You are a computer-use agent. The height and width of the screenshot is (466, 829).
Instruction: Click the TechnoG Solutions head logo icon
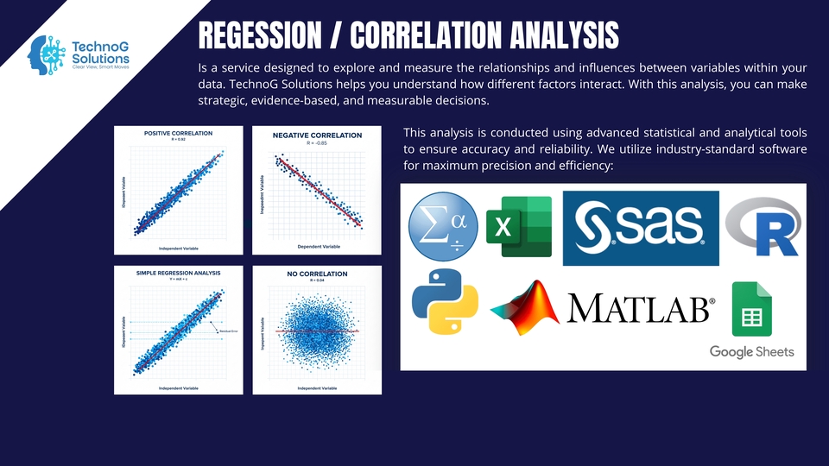pyautogui.click(x=47, y=53)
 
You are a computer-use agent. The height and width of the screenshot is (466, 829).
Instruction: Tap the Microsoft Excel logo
pyautogui.click(x=518, y=226)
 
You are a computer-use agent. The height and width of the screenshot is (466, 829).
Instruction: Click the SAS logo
pyautogui.click(x=640, y=228)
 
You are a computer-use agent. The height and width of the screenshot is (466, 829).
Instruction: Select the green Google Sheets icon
pyautogui.click(x=751, y=308)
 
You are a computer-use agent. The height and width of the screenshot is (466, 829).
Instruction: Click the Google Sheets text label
pyautogui.click(x=751, y=351)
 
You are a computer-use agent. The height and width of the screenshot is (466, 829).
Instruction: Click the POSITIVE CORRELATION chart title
pyautogui.click(x=178, y=133)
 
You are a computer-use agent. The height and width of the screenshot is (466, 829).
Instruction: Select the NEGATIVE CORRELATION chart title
pyautogui.click(x=316, y=136)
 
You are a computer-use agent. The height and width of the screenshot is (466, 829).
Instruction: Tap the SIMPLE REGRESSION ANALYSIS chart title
pyautogui.click(x=178, y=272)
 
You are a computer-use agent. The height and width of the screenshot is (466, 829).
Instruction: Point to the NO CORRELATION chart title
pyautogui.click(x=316, y=274)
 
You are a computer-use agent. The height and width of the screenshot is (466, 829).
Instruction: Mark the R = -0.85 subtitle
pyautogui.click(x=316, y=144)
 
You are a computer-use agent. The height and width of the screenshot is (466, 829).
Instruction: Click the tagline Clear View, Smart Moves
pyautogui.click(x=107, y=66)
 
